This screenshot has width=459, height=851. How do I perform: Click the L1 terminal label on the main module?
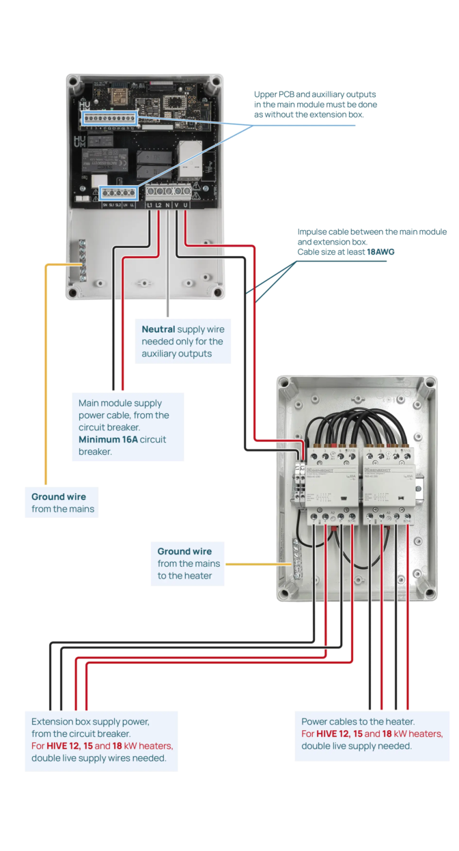click(150, 205)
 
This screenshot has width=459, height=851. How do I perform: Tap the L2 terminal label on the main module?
click(158, 205)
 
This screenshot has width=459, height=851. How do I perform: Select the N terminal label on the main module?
click(167, 205)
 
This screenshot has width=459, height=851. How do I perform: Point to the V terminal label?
click(176, 205)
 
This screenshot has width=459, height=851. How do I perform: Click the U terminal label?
click(186, 205)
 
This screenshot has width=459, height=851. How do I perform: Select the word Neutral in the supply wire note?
click(158, 329)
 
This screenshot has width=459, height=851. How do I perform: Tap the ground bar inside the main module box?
click(83, 262)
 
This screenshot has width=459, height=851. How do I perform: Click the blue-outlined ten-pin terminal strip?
click(110, 119)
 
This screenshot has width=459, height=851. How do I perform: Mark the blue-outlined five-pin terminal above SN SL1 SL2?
click(117, 193)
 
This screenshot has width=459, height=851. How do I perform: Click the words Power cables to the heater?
click(358, 721)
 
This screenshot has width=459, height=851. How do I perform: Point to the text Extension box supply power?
click(90, 721)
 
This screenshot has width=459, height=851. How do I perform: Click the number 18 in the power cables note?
click(387, 734)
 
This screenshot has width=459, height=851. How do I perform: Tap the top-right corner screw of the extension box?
click(429, 384)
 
